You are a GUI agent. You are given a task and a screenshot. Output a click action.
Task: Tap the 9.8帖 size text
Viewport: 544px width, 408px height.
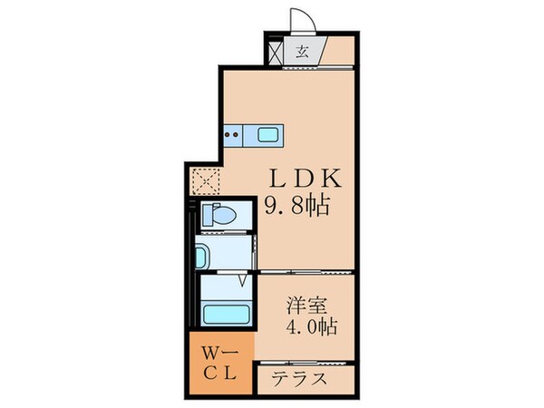[296, 204]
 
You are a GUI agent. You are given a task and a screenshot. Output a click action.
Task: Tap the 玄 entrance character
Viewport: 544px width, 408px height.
[303, 51]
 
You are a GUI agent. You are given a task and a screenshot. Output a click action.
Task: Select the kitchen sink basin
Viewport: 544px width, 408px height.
[269, 136]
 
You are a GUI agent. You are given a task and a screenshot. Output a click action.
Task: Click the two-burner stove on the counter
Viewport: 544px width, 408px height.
[231, 137]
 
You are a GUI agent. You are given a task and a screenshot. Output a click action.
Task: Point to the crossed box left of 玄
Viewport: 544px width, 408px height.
[277, 51]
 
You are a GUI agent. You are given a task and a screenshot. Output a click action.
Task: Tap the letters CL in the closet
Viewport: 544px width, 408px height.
[220, 374]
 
